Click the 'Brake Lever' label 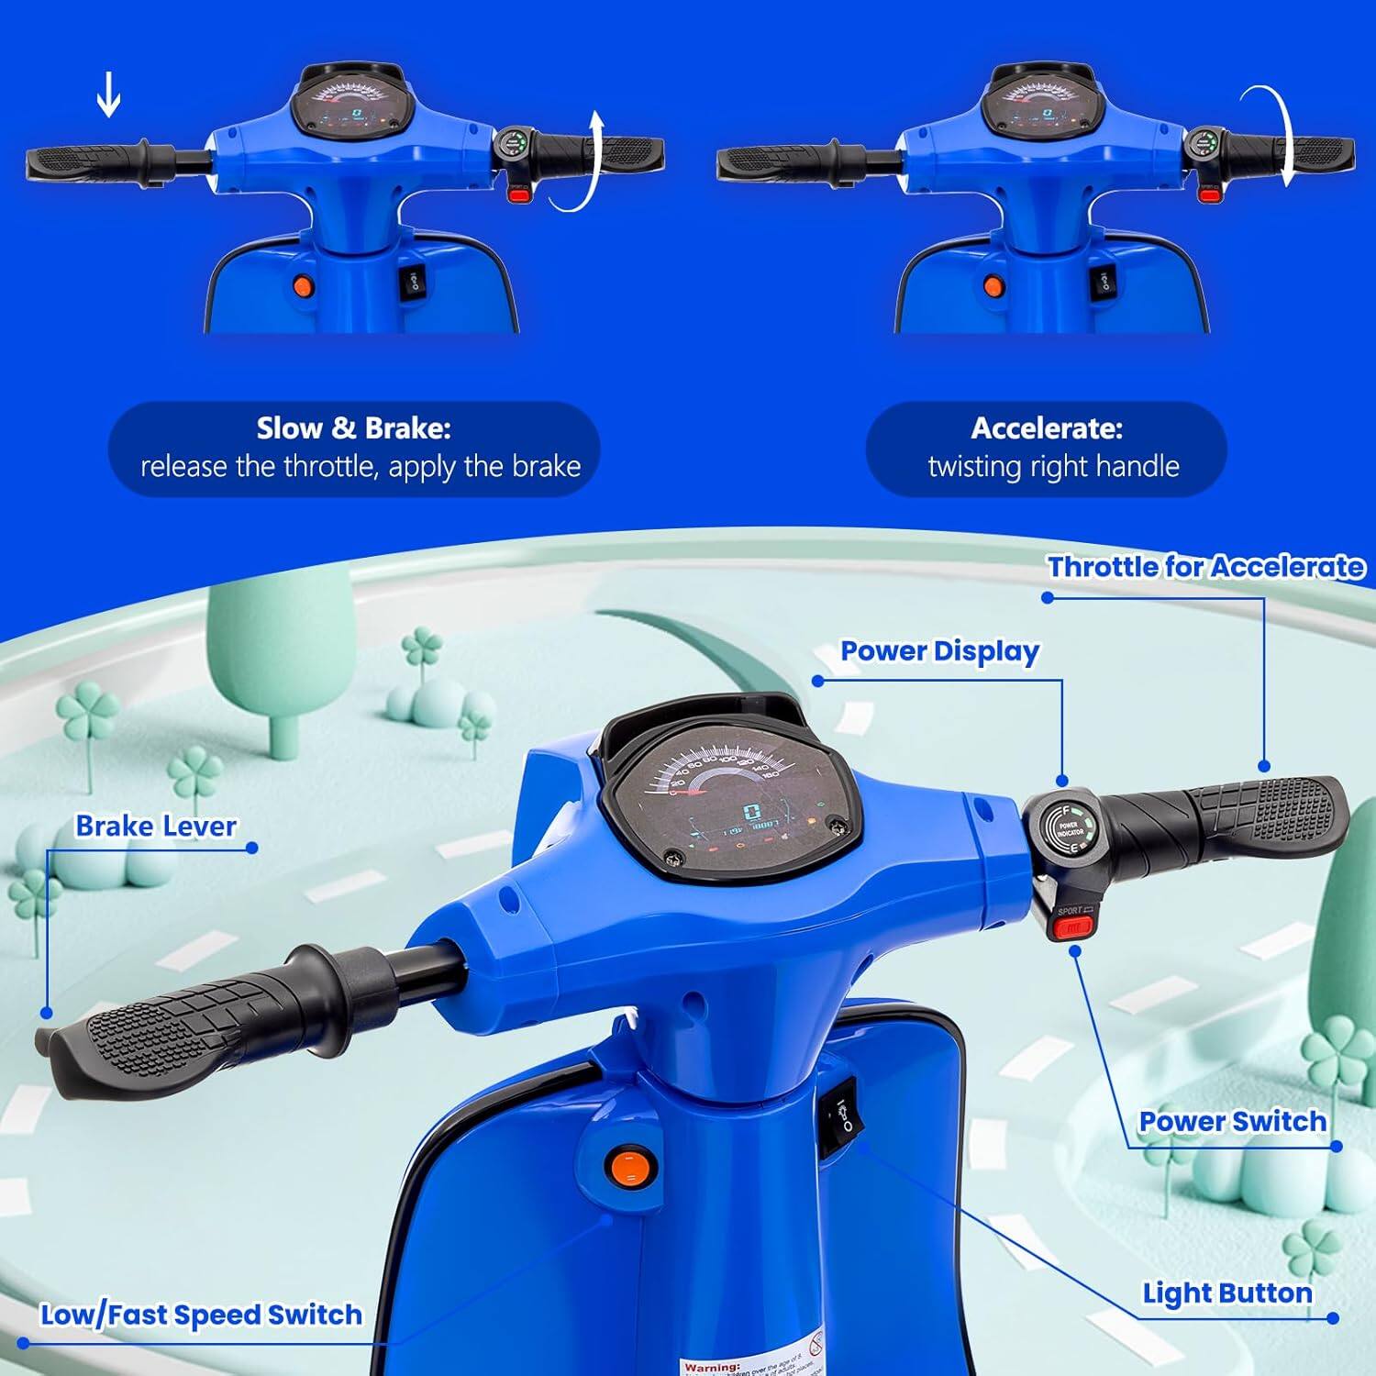pyautogui.click(x=156, y=826)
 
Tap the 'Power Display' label pyautogui.click(x=939, y=651)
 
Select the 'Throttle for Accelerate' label pyautogui.click(x=1205, y=567)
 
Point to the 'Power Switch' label pyautogui.click(x=1232, y=1121)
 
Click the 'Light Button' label pyautogui.click(x=1226, y=1293)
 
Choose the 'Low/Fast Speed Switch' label pyautogui.click(x=201, y=1315)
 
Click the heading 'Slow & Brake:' pyautogui.click(x=353, y=428)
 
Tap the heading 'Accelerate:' pyautogui.click(x=1046, y=428)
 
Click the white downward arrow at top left pyautogui.click(x=108, y=96)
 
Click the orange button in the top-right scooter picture pyautogui.click(x=993, y=287)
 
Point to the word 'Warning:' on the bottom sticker pyautogui.click(x=712, y=1367)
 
